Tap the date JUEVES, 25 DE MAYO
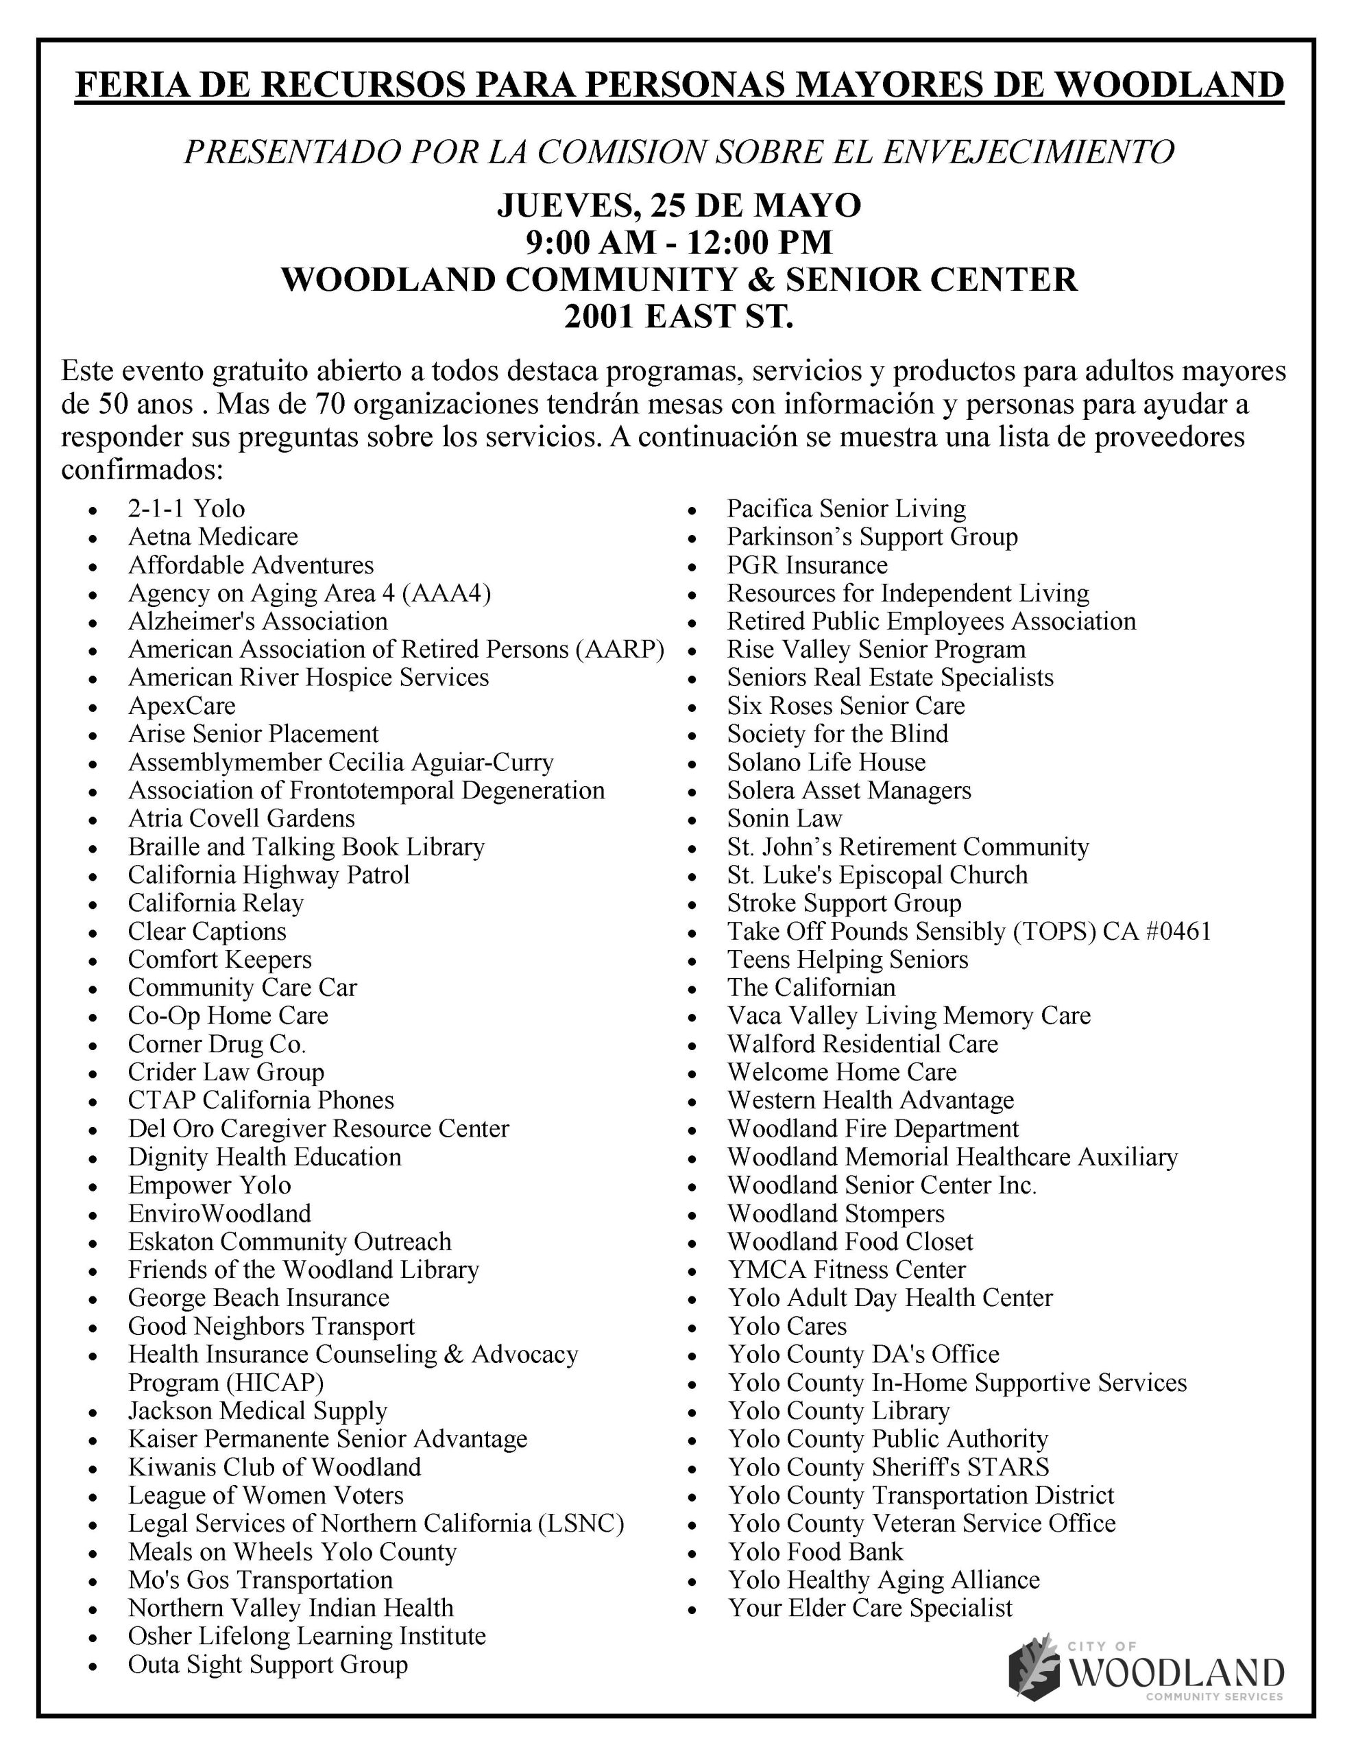coord(679,206)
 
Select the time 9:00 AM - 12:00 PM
coord(679,243)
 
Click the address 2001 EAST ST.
coord(679,317)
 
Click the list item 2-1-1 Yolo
coord(186,509)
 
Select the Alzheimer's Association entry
coord(257,621)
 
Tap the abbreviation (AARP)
coord(620,650)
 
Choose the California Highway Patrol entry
coord(269,875)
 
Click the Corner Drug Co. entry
coord(217,1045)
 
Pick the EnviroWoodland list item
coord(219,1213)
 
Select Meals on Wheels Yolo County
coord(293,1552)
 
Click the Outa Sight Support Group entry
coord(267,1664)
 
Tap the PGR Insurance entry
coord(807,565)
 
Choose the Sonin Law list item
coord(784,818)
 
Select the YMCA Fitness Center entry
coord(847,1270)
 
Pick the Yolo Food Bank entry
coord(816,1552)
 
